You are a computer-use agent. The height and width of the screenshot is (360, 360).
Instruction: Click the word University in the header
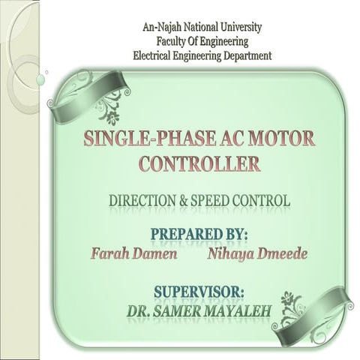232,28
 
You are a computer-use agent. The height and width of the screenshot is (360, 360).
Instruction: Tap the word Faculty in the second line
172,41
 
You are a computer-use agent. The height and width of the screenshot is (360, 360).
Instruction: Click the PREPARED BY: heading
199,234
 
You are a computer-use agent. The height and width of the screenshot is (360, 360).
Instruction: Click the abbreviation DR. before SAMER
139,308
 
